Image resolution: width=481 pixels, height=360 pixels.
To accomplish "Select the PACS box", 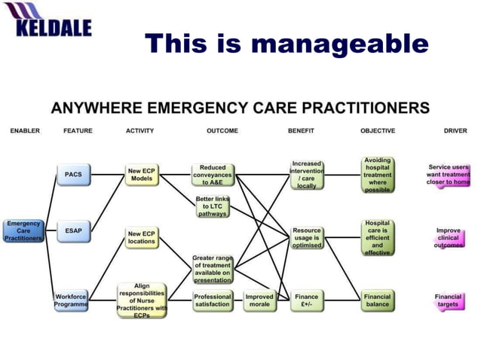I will pyautogui.click(x=73, y=175).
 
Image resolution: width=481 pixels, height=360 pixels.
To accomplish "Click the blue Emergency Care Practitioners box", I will pyautogui.click(x=23, y=230).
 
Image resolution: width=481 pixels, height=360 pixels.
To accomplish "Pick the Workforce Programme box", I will pyautogui.click(x=71, y=301).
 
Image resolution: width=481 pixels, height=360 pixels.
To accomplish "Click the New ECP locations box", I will pyautogui.click(x=141, y=238).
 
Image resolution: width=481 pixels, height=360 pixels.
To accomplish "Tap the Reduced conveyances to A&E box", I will pyautogui.click(x=212, y=175).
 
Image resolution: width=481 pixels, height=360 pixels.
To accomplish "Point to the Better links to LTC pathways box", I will pyautogui.click(x=212, y=206).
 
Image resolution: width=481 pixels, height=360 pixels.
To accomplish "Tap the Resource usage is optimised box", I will pyautogui.click(x=307, y=238).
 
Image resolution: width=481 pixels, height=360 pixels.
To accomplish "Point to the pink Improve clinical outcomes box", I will pyautogui.click(x=448, y=238).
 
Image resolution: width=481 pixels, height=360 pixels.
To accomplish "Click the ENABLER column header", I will pyautogui.click(x=25, y=131).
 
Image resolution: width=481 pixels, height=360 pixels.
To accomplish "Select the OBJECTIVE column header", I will pyautogui.click(x=377, y=131).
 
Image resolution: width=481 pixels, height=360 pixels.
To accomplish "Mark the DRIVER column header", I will pyautogui.click(x=455, y=131).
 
